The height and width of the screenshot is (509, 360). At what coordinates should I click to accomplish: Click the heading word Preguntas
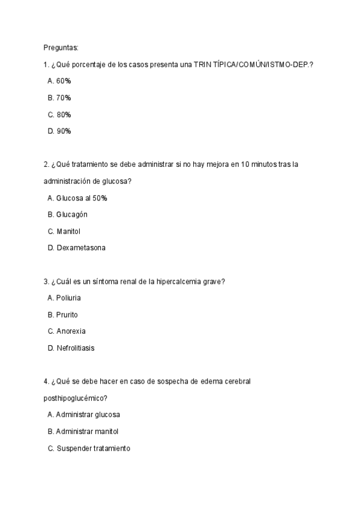pyautogui.click(x=61, y=47)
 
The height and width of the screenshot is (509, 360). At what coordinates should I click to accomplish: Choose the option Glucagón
pyautogui.click(x=72, y=214)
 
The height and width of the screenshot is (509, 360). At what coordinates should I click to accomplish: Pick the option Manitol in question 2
pyautogui.click(x=68, y=231)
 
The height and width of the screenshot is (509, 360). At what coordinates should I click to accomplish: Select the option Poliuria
pyautogui.click(x=68, y=298)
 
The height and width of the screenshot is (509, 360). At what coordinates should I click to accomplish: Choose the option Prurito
pyautogui.click(x=67, y=315)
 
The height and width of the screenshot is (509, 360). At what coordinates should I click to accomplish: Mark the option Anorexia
pyautogui.click(x=71, y=331)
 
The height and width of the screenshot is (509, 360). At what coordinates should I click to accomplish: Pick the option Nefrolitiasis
pyautogui.click(x=75, y=348)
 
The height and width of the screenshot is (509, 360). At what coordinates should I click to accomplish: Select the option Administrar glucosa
pyautogui.click(x=88, y=414)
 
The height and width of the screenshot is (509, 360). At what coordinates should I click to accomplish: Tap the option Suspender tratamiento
pyautogui.click(x=93, y=448)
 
